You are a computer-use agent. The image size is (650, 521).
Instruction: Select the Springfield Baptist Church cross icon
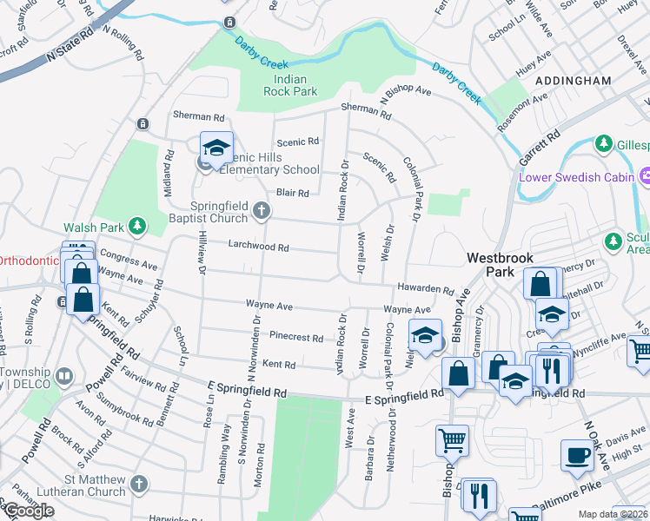[x=261, y=210]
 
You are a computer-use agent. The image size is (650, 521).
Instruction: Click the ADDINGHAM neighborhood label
[x=574, y=80]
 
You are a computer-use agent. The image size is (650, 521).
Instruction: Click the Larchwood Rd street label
[x=258, y=247]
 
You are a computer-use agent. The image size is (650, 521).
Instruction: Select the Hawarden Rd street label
[x=426, y=290]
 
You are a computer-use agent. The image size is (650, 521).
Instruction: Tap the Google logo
[x=29, y=511]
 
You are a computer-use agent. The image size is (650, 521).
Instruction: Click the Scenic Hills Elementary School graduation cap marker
[x=216, y=147]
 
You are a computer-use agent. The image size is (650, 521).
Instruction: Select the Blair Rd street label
[x=292, y=194]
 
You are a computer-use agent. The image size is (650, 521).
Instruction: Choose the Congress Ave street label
[x=128, y=260]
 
